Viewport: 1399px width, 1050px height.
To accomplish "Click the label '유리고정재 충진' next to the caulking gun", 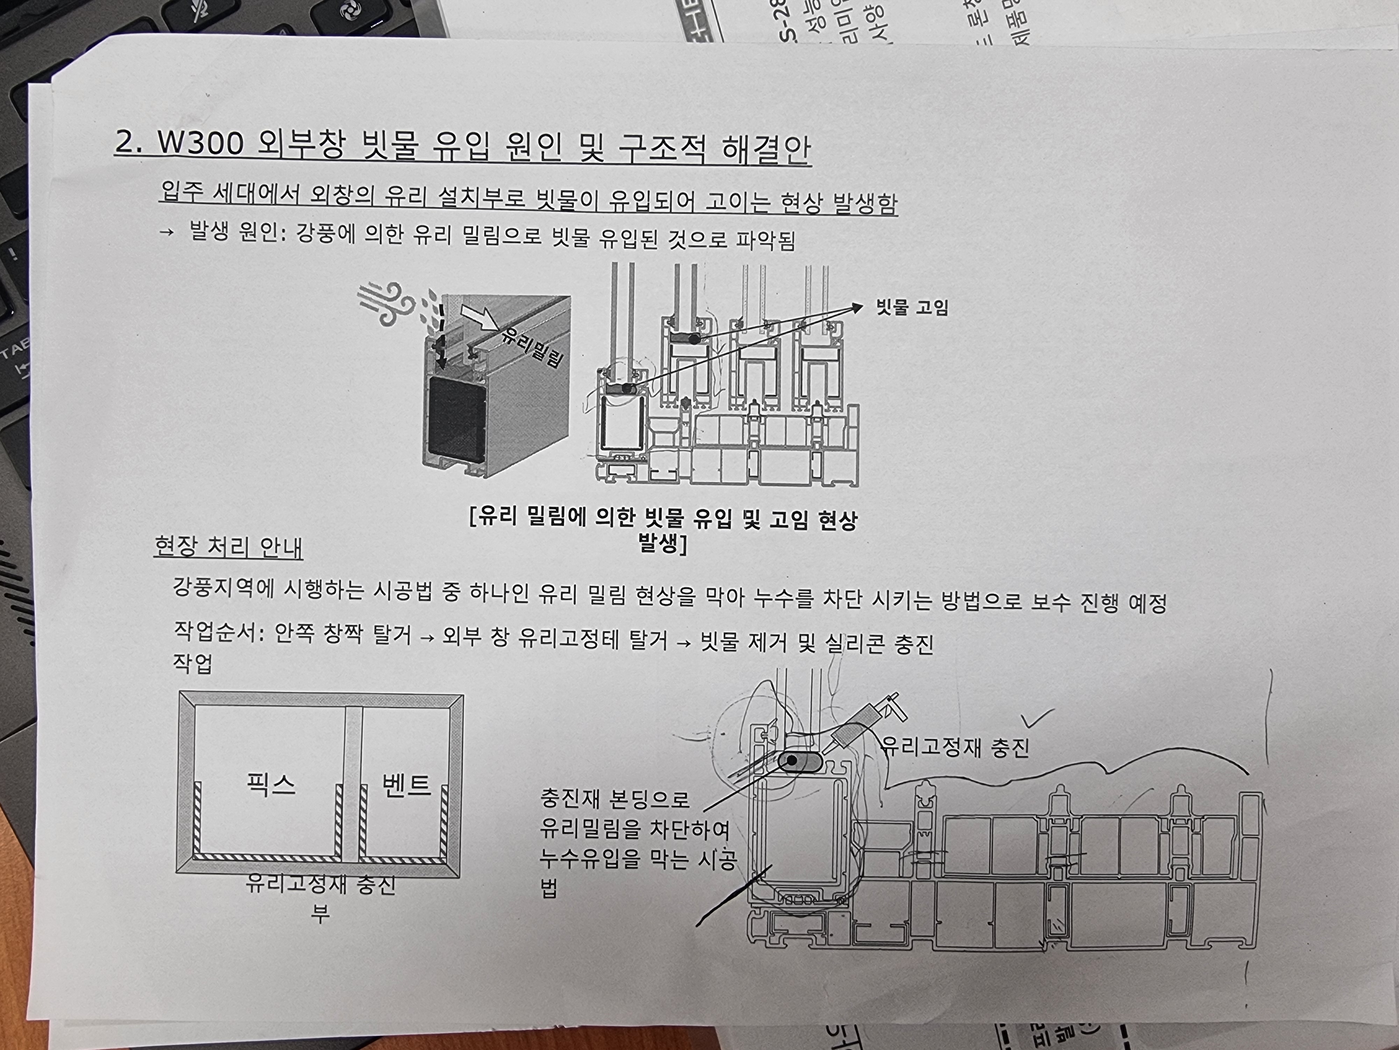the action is [x=956, y=748].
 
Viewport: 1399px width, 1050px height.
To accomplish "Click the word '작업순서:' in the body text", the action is [x=218, y=632].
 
